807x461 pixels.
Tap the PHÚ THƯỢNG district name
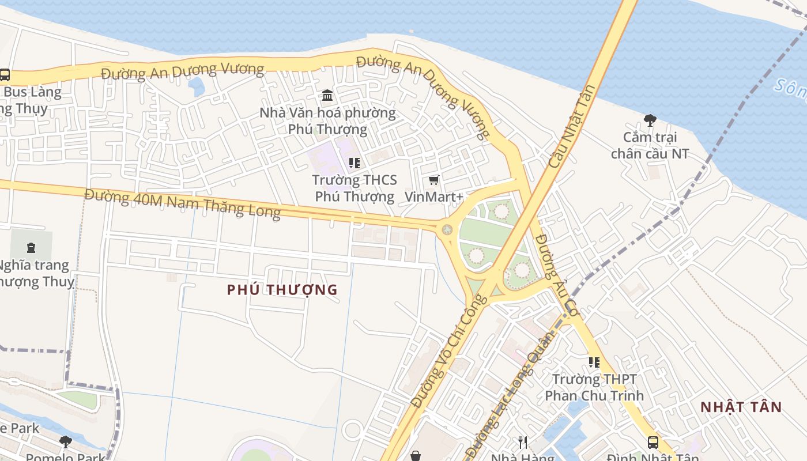[282, 290]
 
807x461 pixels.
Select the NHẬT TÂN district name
[741, 407]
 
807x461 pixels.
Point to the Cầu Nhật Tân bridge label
[572, 127]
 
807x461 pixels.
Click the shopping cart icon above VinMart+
[434, 180]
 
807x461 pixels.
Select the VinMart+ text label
[434, 197]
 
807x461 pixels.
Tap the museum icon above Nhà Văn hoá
[327, 95]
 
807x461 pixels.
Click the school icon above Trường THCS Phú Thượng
[355, 163]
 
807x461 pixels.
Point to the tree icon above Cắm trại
[650, 120]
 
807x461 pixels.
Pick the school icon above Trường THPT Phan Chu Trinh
[594, 362]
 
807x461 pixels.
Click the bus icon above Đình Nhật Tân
[653, 443]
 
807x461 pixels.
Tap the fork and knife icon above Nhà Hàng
[523, 443]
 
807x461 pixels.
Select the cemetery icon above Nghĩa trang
[31, 248]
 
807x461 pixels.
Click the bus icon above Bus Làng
[5, 75]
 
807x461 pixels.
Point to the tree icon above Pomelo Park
[66, 442]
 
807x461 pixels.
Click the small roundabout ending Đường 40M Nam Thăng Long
[447, 230]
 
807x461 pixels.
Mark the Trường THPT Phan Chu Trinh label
[594, 387]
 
